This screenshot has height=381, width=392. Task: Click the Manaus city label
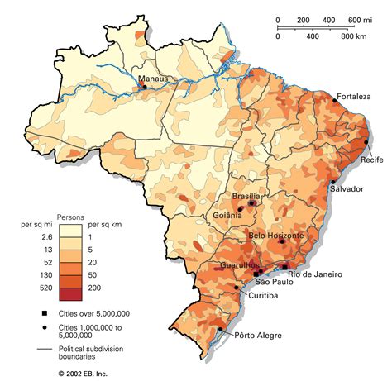153,79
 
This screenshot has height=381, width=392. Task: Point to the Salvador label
347,189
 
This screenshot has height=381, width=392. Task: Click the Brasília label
246,196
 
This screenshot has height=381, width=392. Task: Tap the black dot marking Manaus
146,87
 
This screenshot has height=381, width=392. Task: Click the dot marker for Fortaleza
336,100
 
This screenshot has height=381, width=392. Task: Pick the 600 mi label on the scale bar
360,20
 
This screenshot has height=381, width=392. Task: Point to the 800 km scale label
354,37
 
